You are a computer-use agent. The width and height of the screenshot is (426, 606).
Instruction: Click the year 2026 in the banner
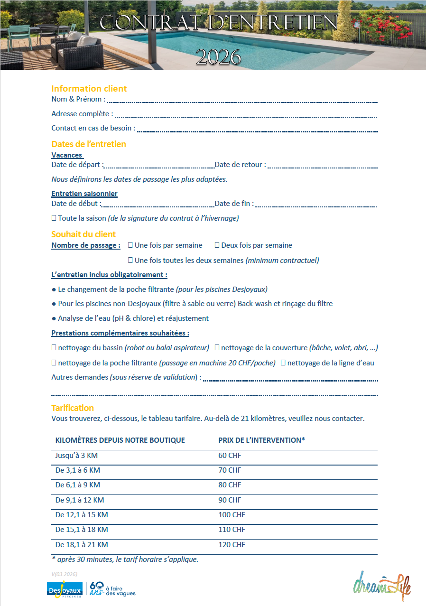click(x=218, y=57)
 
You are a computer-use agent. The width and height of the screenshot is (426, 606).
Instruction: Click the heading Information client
click(x=89, y=88)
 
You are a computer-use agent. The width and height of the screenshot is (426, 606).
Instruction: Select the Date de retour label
click(x=240, y=165)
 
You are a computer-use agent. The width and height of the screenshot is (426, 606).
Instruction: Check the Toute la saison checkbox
click(x=54, y=218)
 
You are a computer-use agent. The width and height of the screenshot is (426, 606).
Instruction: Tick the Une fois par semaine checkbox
click(x=130, y=245)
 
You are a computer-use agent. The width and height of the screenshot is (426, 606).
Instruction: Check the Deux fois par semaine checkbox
click(x=217, y=245)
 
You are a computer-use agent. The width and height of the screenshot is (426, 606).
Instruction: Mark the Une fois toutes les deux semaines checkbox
click(x=130, y=260)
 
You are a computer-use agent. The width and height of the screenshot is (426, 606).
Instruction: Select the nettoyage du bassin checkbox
click(x=54, y=348)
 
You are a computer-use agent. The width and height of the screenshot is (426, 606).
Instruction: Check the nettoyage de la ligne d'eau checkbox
click(x=283, y=363)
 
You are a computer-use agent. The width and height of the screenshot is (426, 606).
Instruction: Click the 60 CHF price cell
click(x=230, y=456)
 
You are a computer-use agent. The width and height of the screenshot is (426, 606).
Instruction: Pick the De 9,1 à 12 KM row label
click(x=80, y=500)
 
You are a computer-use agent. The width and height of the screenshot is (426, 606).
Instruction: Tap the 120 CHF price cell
click(x=232, y=545)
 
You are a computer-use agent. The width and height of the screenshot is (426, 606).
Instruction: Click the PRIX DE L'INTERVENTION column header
click(x=261, y=440)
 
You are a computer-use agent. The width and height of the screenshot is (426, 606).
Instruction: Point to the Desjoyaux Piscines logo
click(x=65, y=590)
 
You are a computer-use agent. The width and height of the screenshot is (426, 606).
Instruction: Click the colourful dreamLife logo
click(x=382, y=584)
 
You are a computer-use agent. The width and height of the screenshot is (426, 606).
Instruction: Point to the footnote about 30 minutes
click(x=125, y=559)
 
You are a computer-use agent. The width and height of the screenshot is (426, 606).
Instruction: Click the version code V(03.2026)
click(x=64, y=574)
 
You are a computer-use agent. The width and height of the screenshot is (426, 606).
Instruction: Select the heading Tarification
click(x=73, y=408)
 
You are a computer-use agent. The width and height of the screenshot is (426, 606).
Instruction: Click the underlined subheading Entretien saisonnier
click(x=84, y=194)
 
